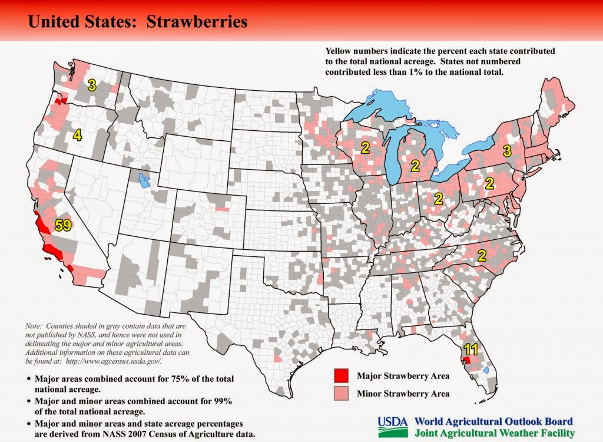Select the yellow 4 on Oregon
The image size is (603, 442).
click(x=77, y=135)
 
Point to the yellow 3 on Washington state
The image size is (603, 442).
click(x=91, y=85)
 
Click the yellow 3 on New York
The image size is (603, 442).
click(x=507, y=151)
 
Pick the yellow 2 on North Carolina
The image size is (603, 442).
click(x=481, y=255)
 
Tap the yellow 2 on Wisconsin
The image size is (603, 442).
click(x=365, y=148)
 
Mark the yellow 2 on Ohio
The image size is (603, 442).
click(x=438, y=198)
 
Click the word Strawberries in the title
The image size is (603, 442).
click(x=197, y=22)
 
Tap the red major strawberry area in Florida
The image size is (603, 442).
click(x=466, y=360)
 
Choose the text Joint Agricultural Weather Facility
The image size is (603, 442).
click(x=493, y=433)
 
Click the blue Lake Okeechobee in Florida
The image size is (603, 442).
click(x=485, y=370)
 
